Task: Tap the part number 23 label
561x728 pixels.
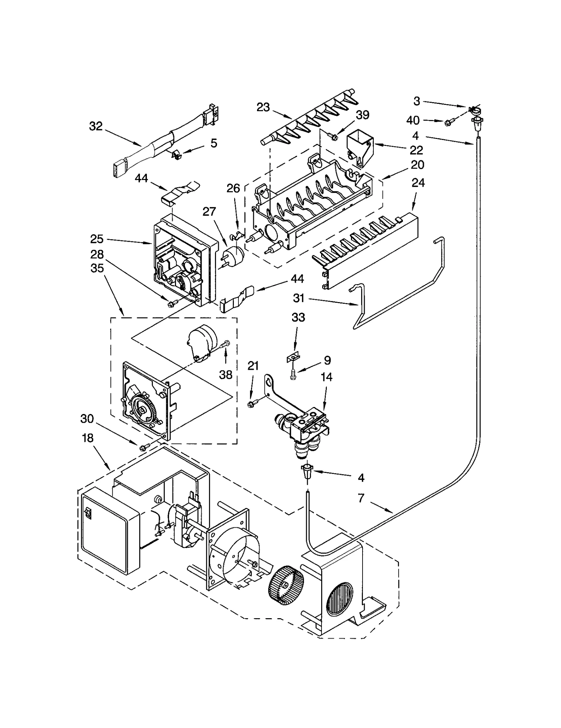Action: [x=263, y=107]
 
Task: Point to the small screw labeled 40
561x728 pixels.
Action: [x=448, y=123]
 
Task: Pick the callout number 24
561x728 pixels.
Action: [x=418, y=183]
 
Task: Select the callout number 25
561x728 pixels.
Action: [x=97, y=239]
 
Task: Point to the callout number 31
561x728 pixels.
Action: [x=298, y=298]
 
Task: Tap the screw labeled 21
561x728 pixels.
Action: [x=251, y=404]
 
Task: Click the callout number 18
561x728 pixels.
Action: [x=88, y=439]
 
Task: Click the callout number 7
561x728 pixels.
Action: [x=361, y=497]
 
